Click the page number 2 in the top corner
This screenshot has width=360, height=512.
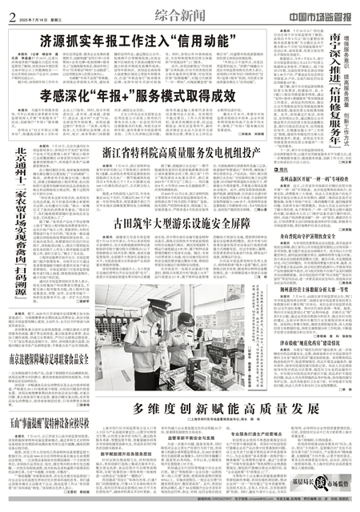pos(6,8)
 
